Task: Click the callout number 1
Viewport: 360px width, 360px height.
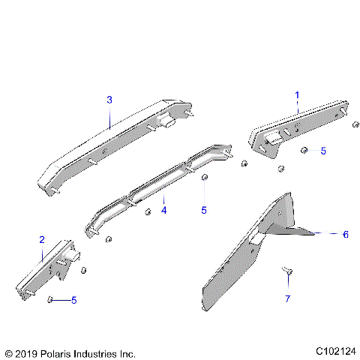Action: (x=296, y=95)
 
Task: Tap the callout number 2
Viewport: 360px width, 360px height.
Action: (x=41, y=239)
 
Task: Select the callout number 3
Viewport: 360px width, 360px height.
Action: (x=109, y=100)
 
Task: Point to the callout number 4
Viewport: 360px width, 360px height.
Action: (x=163, y=210)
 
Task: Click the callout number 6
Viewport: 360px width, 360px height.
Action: (x=345, y=234)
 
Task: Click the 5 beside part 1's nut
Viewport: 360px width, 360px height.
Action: (x=323, y=151)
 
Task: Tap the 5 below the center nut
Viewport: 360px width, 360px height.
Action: (x=203, y=211)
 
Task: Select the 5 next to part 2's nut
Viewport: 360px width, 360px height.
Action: (x=73, y=301)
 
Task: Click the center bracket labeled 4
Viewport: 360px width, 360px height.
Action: (x=157, y=187)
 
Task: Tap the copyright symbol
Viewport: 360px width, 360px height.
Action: (x=8, y=352)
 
